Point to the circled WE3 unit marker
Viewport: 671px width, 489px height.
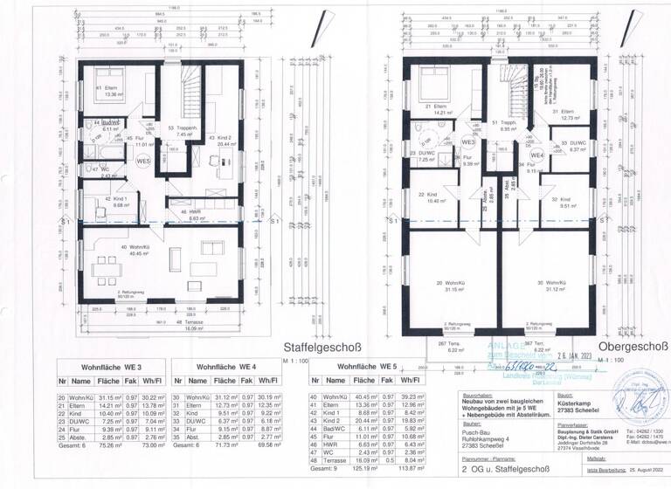(x=468, y=142)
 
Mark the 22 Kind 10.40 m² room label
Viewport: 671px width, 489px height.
(x=427, y=198)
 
